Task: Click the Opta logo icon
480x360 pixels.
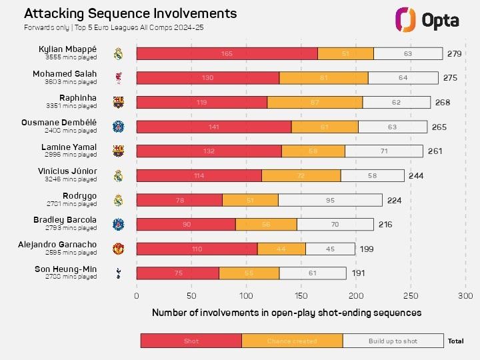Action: pos(406,20)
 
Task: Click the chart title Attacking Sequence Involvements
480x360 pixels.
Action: pos(130,13)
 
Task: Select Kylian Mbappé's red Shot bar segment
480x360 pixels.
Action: pos(227,53)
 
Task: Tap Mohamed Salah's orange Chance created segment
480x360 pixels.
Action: pos(323,78)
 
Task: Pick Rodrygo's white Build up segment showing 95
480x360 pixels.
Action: pos(330,200)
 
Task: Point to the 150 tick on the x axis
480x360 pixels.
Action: pos(301,295)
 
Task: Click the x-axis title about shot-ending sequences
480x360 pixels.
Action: pos(287,312)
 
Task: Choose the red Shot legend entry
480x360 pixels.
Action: pos(191,341)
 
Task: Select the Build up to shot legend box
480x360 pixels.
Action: pos(393,341)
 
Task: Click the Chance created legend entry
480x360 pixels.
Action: pos(292,341)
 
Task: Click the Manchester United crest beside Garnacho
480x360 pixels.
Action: pos(118,249)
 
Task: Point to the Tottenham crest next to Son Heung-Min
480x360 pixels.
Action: pos(118,273)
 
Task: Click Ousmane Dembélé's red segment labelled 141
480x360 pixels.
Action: pos(213,127)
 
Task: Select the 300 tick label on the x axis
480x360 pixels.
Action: pos(465,295)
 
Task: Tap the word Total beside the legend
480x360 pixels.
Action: pos(456,341)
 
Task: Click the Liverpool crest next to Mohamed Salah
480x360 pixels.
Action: pos(118,78)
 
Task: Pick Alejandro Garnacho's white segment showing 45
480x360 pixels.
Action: pos(330,249)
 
